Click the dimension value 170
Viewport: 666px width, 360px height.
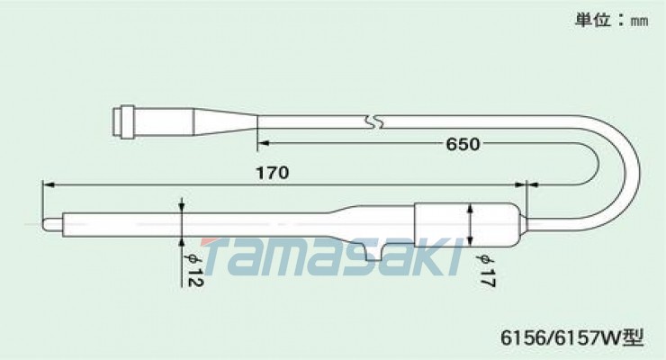point(273,174)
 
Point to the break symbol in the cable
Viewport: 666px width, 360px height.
point(373,121)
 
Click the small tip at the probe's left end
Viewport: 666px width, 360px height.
point(51,220)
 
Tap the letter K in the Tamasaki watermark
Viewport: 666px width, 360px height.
point(431,256)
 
